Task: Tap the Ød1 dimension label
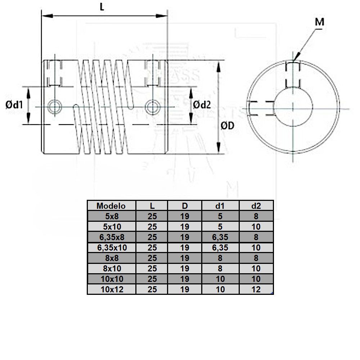pyautogui.click(x=14, y=105)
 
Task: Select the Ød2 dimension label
pyautogui.click(x=202, y=105)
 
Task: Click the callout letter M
pyautogui.click(x=319, y=22)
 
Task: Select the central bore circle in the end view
pyautogui.click(x=293, y=108)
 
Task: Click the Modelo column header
pyautogui.click(x=111, y=206)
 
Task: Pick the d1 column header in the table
pyautogui.click(x=220, y=206)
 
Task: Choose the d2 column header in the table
pyautogui.click(x=256, y=206)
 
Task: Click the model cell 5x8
pyautogui.click(x=111, y=216)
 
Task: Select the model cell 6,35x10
pyautogui.click(x=111, y=248)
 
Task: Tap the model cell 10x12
pyautogui.click(x=111, y=289)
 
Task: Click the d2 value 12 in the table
pyautogui.click(x=256, y=289)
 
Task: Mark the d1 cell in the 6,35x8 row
pyautogui.click(x=220, y=237)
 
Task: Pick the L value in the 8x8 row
pyautogui.click(x=152, y=258)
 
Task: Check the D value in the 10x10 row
pyautogui.click(x=185, y=279)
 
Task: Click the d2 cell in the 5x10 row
pyautogui.click(x=256, y=227)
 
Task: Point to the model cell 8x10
pyautogui.click(x=111, y=269)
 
